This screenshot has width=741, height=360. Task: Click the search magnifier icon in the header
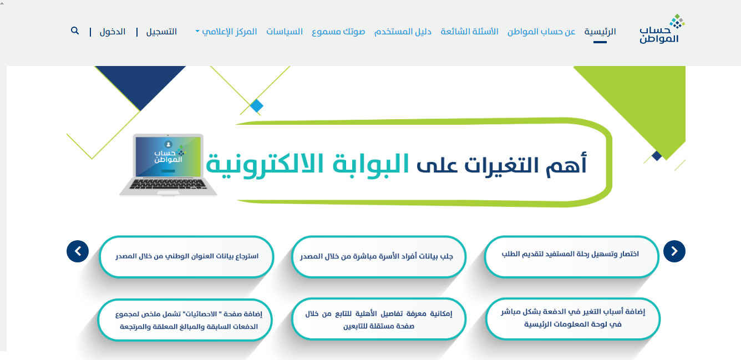pyautogui.click(x=75, y=31)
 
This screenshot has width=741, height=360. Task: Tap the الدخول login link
pyautogui.click(x=113, y=32)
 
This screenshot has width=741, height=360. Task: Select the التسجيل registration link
pyautogui.click(x=161, y=32)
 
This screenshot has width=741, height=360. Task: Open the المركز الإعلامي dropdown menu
pyautogui.click(x=226, y=32)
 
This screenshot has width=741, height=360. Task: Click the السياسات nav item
pyautogui.click(x=285, y=32)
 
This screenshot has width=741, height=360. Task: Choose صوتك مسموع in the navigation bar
pyautogui.click(x=338, y=32)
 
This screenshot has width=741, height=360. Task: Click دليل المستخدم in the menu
pyautogui.click(x=403, y=32)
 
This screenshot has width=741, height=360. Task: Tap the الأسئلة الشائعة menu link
pyautogui.click(x=469, y=32)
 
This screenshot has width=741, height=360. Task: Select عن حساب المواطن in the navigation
pyautogui.click(x=541, y=32)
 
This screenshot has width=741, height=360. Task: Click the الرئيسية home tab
pyautogui.click(x=600, y=32)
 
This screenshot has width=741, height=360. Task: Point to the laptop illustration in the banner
pyautogui.click(x=168, y=165)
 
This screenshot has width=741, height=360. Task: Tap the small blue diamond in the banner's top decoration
pyautogui.click(x=257, y=106)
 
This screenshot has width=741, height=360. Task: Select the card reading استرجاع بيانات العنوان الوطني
pyautogui.click(x=186, y=257)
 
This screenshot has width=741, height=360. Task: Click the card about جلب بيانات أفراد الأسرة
pyautogui.click(x=379, y=257)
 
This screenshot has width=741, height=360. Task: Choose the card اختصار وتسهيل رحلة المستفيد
pyautogui.click(x=572, y=257)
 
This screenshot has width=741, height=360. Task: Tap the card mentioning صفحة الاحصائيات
pyautogui.click(x=185, y=320)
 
